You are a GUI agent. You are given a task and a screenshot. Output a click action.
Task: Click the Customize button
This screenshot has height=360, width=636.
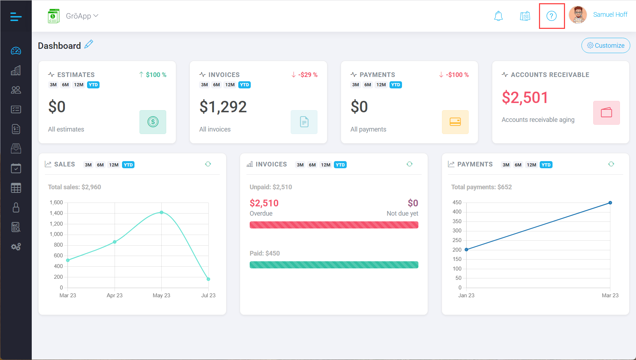(606, 46)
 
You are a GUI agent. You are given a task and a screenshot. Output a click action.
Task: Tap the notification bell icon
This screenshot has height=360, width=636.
(498, 16)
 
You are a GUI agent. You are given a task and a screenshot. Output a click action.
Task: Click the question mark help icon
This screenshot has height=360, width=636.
(551, 16)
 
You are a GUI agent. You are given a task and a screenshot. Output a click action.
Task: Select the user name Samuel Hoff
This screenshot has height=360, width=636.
(610, 15)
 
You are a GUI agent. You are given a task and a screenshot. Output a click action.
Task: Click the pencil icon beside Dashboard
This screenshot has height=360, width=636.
(89, 45)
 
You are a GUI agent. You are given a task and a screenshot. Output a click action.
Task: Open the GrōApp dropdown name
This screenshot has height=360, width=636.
(82, 16)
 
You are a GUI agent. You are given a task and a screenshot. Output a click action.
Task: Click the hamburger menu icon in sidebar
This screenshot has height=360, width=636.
(16, 16)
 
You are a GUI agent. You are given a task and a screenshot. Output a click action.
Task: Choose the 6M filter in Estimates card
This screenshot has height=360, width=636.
(65, 85)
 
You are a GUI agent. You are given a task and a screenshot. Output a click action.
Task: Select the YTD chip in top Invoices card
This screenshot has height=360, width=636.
(244, 85)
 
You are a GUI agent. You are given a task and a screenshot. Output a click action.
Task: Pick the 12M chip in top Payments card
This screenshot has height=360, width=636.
(381, 85)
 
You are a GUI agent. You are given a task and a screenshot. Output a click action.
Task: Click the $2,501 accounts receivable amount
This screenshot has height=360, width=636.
(525, 98)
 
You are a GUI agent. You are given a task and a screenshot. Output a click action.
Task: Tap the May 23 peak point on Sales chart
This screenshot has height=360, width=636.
(162, 212)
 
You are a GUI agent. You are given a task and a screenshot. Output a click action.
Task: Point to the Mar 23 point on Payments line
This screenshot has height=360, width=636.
(610, 203)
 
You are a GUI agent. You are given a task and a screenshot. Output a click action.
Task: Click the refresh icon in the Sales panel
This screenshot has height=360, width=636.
(208, 164)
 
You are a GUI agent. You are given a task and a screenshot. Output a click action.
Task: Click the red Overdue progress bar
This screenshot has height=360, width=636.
(334, 225)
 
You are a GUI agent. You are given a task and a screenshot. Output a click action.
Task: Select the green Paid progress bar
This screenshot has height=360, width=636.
(334, 265)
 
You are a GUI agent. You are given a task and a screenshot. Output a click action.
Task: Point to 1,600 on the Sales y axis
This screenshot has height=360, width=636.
(56, 202)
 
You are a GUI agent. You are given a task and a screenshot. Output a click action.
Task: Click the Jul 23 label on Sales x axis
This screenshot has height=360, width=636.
(208, 295)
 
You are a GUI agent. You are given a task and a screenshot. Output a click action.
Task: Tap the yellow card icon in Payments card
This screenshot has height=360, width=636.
(455, 122)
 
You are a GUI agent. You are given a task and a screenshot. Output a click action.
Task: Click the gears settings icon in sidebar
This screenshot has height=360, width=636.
(16, 247)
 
